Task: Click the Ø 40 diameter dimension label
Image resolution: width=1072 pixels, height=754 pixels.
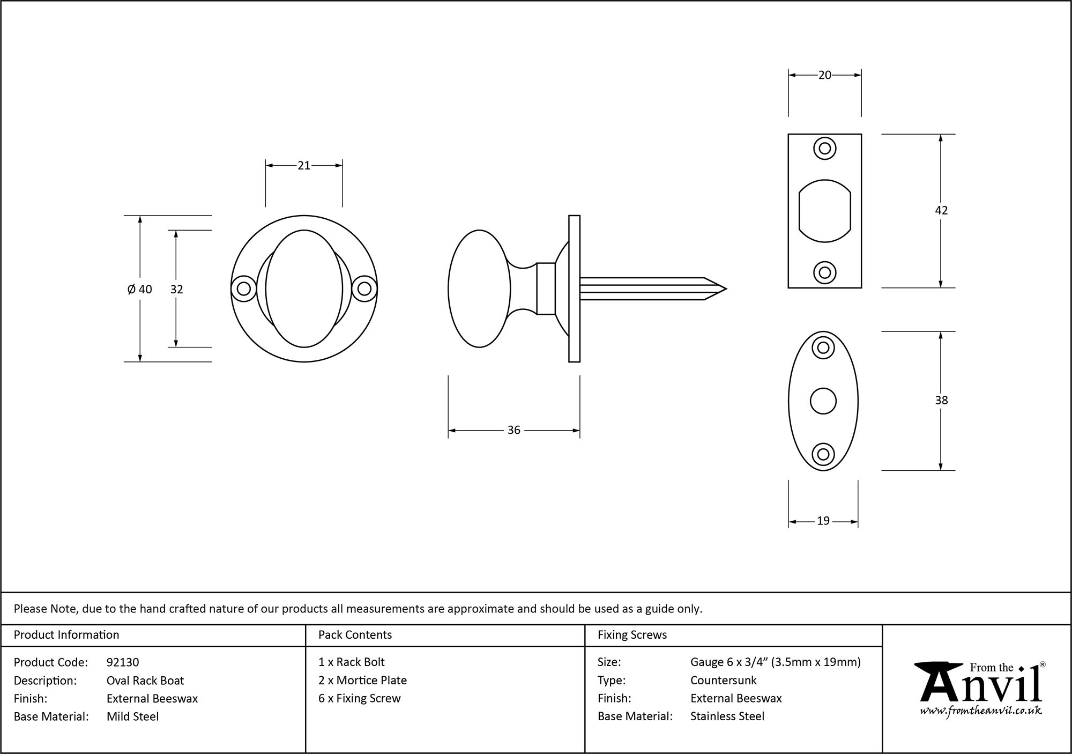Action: coord(140,290)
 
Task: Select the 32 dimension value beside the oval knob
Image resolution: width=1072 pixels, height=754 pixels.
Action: coord(176,290)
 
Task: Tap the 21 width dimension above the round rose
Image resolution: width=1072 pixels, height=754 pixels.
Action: coord(304,166)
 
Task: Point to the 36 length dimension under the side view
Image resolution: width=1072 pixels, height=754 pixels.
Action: coord(513,430)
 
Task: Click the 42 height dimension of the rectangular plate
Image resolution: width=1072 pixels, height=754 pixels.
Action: coord(941,210)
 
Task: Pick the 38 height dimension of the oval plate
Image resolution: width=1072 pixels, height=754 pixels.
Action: coord(941,400)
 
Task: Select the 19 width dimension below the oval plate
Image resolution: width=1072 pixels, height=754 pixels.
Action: coord(823,521)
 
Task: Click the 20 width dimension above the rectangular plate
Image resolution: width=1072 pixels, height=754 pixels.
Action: coord(824,76)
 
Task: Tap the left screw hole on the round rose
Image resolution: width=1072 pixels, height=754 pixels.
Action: coord(243,289)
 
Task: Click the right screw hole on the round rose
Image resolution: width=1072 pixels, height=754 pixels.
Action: coord(364,289)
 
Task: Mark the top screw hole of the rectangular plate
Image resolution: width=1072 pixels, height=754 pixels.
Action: coord(824,149)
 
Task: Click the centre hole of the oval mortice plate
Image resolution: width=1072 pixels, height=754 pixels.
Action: coord(823,401)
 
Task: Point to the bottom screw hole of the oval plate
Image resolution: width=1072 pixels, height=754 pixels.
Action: coord(823,454)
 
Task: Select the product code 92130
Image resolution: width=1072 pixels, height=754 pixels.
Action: coord(123,662)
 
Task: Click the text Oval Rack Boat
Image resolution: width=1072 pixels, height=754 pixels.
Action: coord(145,681)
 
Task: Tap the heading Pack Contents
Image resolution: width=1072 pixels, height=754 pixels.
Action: coord(355,635)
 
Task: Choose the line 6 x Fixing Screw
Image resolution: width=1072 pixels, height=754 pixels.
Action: coord(359,698)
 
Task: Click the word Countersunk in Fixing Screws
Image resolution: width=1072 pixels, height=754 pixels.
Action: coord(723,681)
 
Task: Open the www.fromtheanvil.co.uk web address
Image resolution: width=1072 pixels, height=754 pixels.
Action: coord(980,711)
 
